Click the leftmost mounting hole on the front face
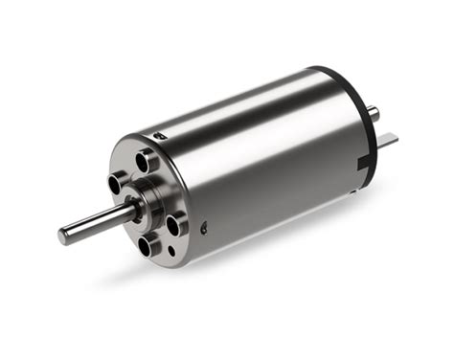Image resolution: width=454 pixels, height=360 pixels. click(x=119, y=181)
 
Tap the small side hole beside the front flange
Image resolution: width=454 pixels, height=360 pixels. click(x=204, y=228)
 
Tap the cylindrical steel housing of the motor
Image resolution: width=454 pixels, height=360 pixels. click(x=268, y=163)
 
